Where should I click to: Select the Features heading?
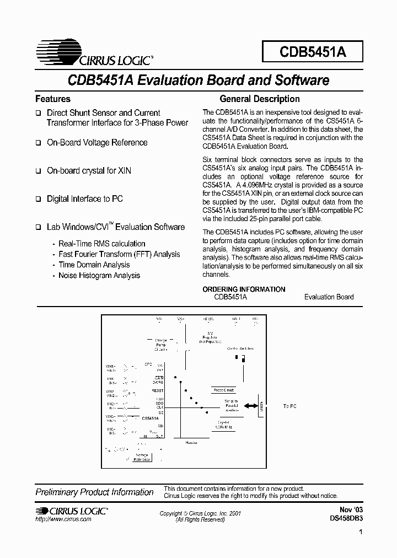[53, 99]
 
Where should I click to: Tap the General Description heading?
[260, 99]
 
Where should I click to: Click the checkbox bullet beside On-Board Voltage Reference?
[39, 143]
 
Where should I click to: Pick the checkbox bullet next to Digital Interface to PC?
[39, 199]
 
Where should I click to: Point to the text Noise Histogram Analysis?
[99, 276]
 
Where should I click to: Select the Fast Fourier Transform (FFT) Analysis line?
[119, 254]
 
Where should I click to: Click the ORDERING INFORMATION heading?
[244, 289]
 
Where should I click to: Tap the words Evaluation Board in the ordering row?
[329, 297]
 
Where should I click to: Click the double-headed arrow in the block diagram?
[251, 406]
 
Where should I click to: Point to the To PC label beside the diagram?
[289, 406]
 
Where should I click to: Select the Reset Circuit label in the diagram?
[224, 390]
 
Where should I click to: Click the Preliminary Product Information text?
[94, 492]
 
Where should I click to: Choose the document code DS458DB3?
[346, 518]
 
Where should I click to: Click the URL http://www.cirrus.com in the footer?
[63, 520]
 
